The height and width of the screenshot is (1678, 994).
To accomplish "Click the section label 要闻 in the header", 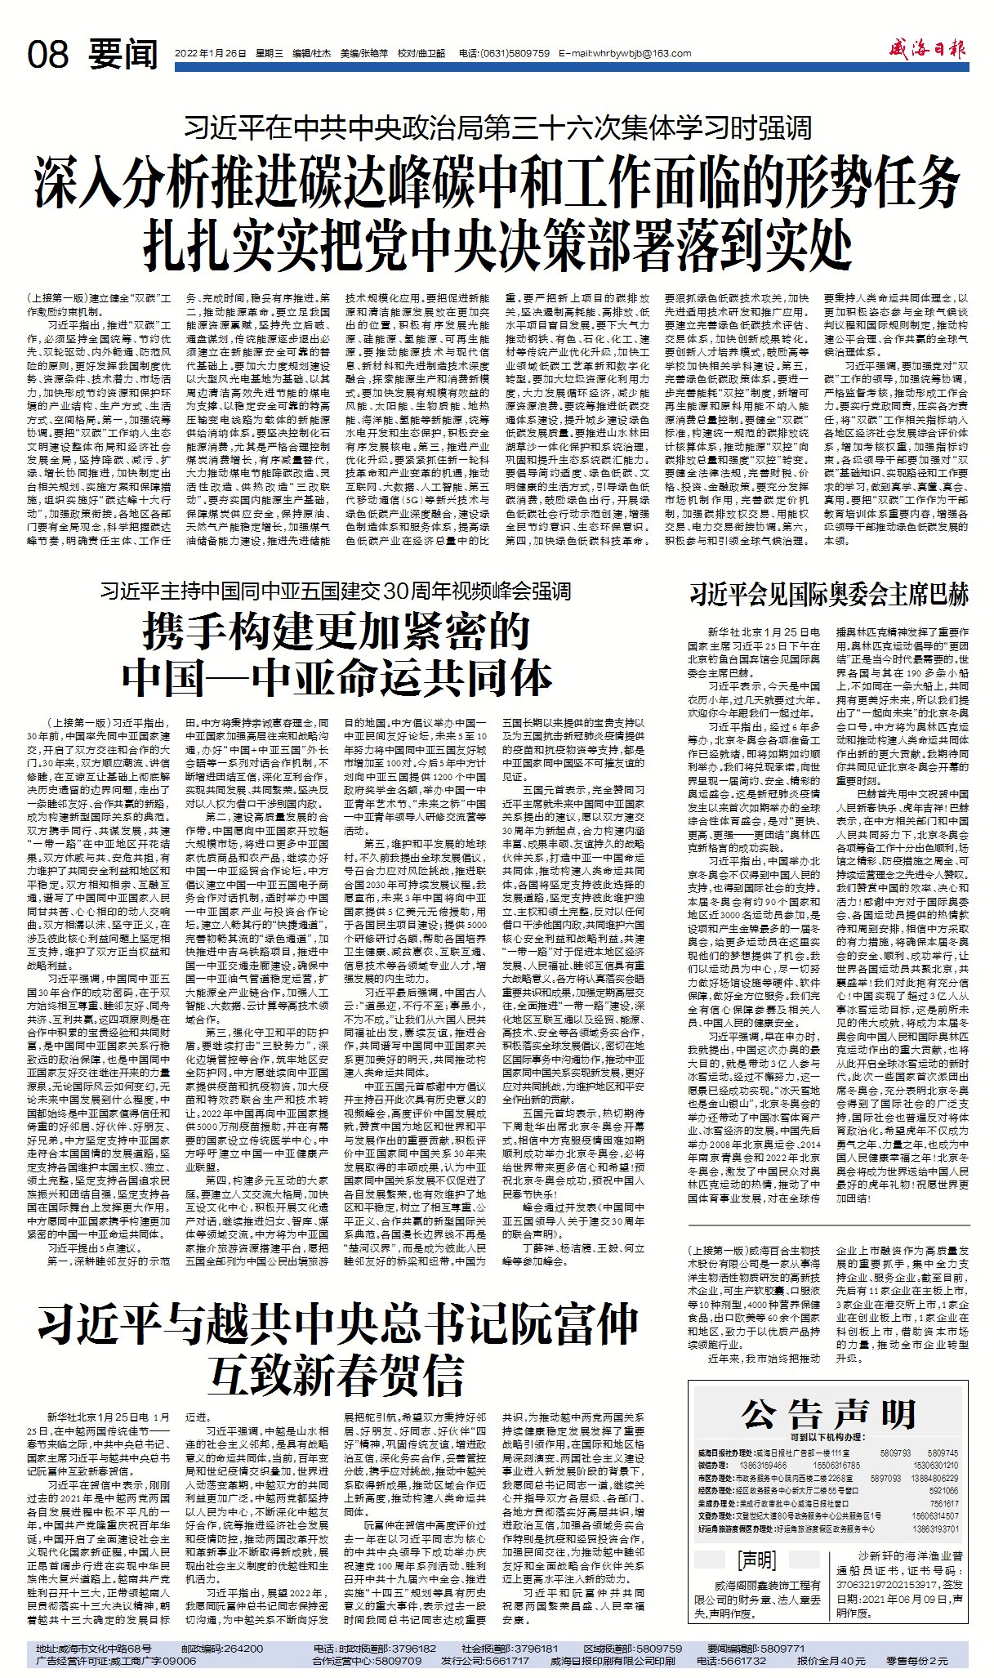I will tap(123, 55).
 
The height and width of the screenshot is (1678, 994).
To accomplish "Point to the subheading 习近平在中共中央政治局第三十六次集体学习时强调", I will tap(497, 127).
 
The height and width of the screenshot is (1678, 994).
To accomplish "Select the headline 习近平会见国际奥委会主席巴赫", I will tap(829, 594).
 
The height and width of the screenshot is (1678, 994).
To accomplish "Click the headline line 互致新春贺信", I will tap(337, 1375).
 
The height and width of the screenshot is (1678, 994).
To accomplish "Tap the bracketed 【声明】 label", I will tap(756, 1561).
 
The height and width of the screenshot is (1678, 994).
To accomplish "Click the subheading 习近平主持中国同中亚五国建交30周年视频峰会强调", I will tap(336, 591).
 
